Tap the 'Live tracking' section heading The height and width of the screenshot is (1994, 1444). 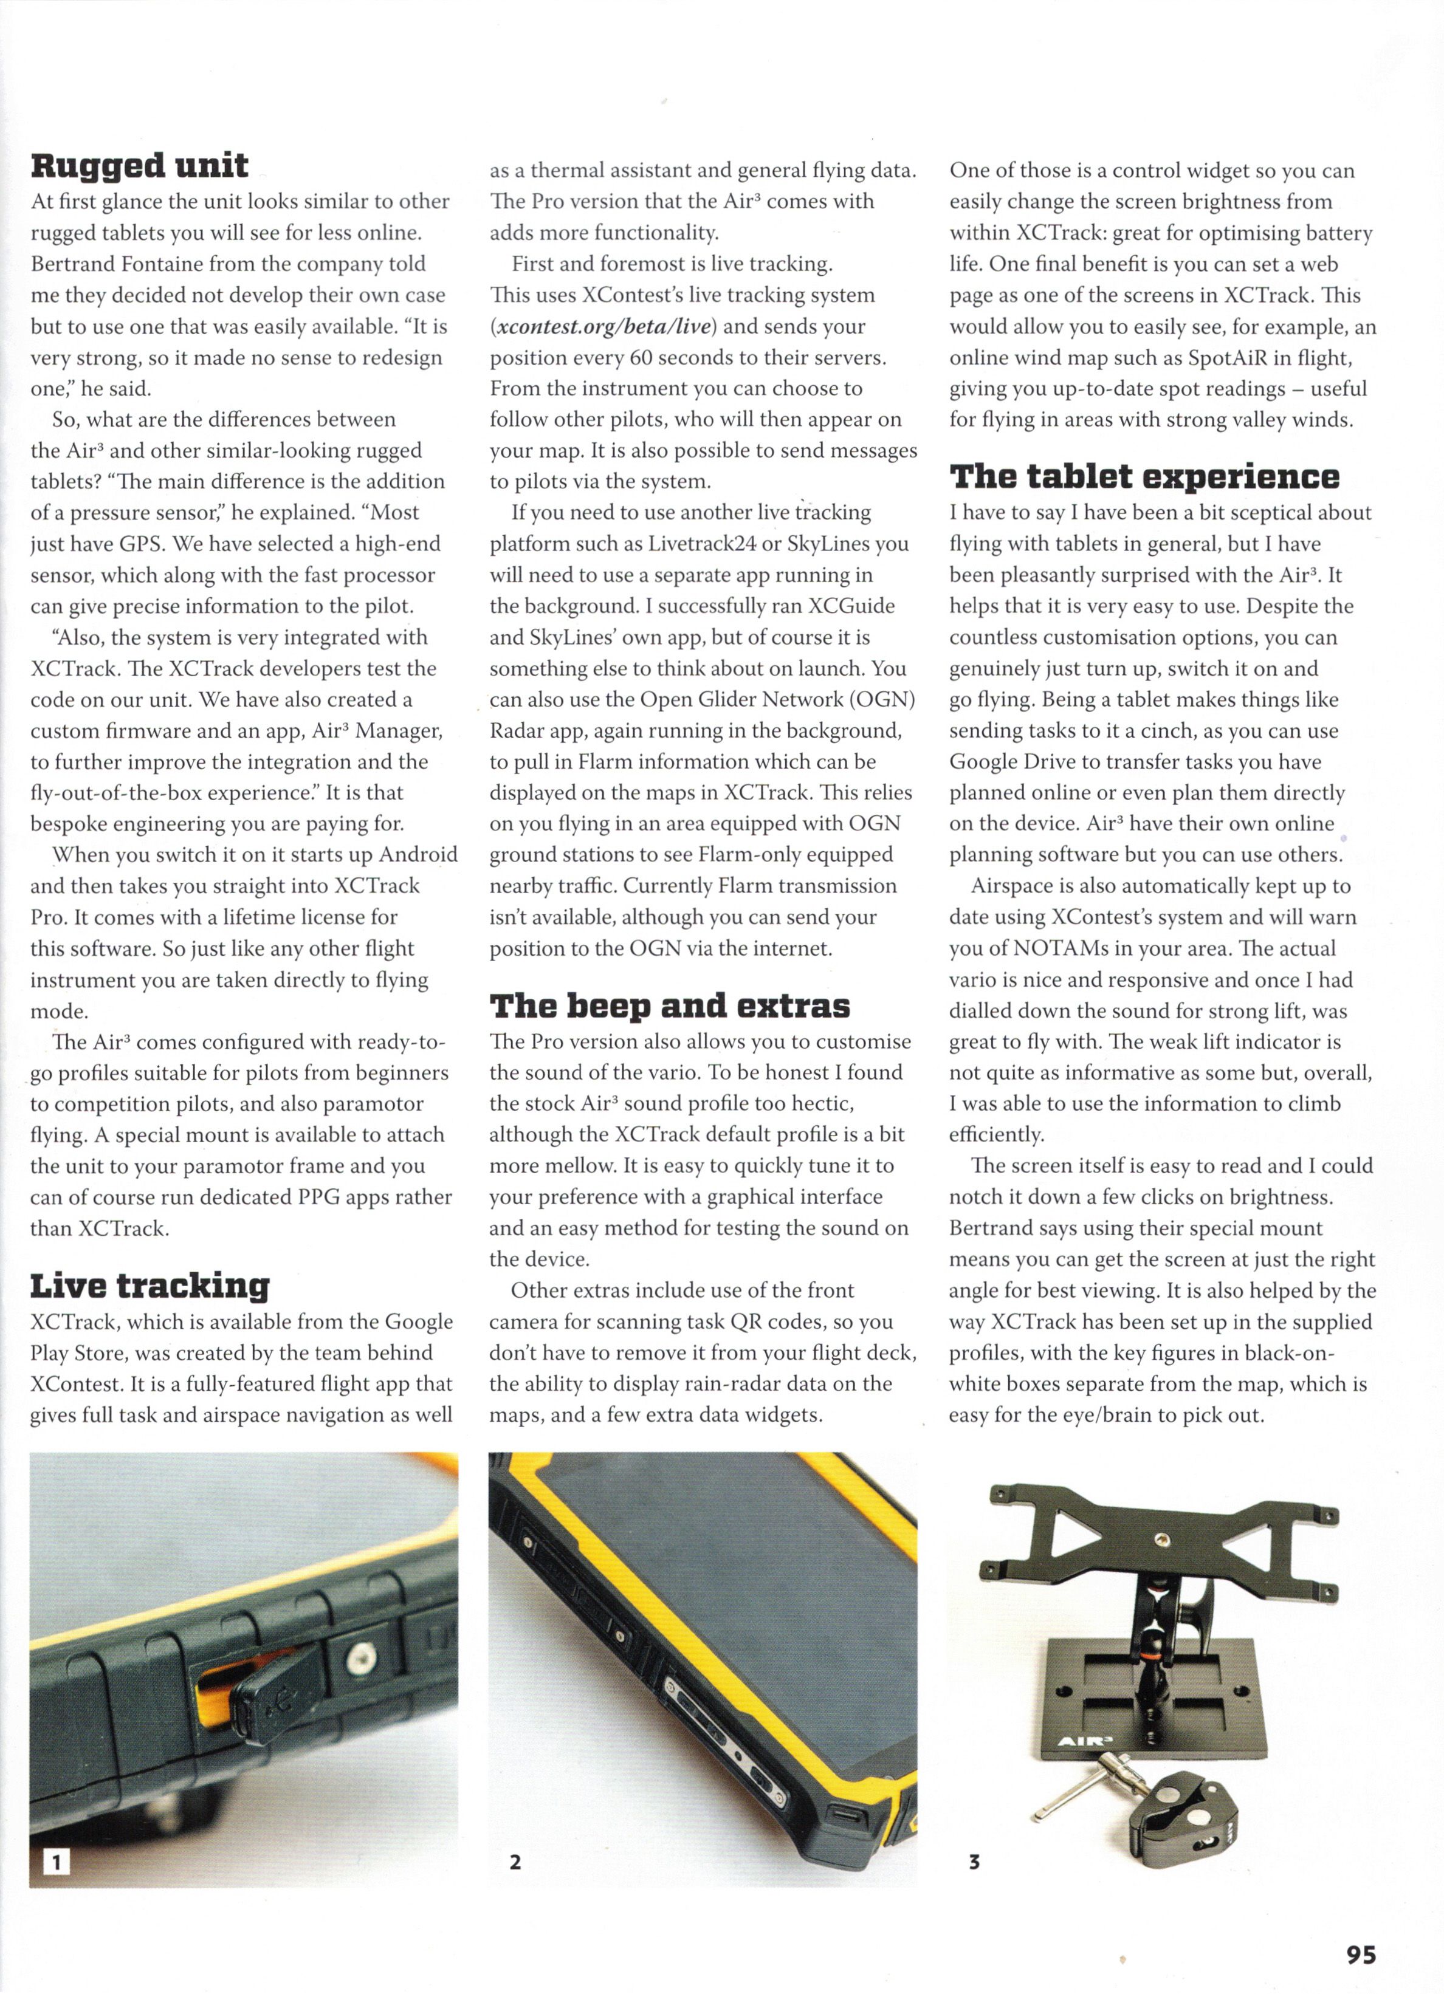coord(150,1286)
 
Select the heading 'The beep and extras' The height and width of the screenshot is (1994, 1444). coord(669,1005)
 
